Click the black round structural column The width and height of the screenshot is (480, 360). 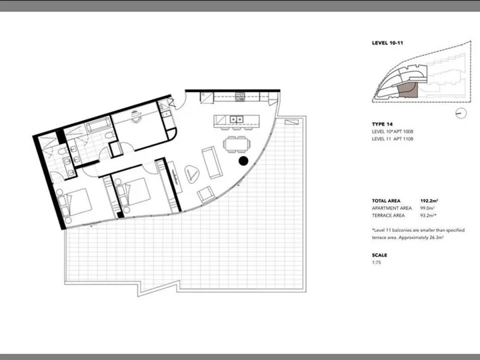pos(243,161)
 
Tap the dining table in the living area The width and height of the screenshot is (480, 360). pos(237,144)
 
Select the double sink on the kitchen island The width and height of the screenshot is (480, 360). pos(237,119)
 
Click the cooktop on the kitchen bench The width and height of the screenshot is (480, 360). pos(240,97)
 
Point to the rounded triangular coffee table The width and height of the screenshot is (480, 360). pos(192,174)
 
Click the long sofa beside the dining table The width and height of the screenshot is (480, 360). pos(212,163)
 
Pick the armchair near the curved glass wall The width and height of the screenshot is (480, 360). pos(206,195)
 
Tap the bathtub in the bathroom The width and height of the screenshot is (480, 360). pos(97,125)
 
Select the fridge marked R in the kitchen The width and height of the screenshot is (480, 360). pos(207,97)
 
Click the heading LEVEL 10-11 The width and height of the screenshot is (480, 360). pos(387,43)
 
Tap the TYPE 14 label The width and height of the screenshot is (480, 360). pos(382,124)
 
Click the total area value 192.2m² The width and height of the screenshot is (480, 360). pos(429,201)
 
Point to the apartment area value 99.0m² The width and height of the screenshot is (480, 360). pos(427,208)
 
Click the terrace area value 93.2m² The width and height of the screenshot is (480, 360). pos(428,215)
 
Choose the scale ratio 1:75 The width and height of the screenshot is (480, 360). pos(377,263)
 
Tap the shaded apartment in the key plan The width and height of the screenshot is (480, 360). pos(407,89)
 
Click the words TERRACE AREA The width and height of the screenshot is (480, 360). pos(388,215)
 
